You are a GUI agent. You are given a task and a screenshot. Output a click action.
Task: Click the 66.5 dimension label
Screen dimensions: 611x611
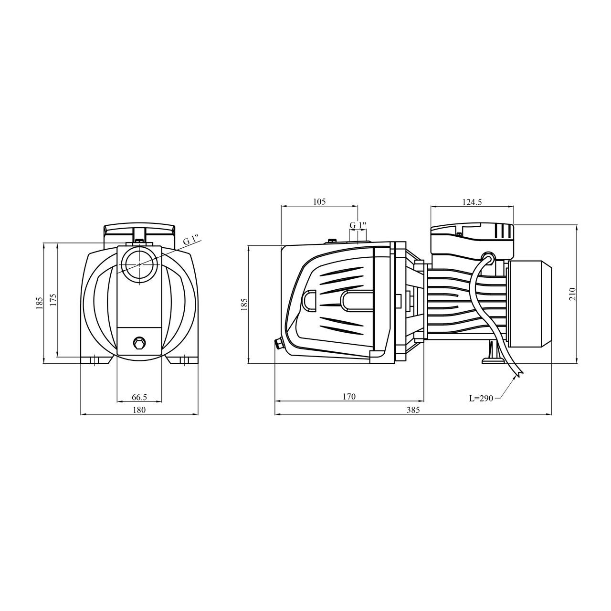(139, 397)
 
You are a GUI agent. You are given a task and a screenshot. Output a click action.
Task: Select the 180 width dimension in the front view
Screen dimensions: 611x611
(139, 410)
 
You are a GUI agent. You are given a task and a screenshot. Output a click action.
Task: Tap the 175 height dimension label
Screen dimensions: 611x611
(53, 300)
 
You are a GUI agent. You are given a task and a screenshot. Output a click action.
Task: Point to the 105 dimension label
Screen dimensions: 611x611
(319, 201)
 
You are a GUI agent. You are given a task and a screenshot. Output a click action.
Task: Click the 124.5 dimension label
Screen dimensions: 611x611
(472, 202)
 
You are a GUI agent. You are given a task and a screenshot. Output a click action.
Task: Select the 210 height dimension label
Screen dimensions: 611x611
(572, 294)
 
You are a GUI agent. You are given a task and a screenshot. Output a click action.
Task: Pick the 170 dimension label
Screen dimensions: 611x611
(349, 397)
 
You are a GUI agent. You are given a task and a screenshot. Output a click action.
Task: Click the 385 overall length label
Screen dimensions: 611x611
(413, 410)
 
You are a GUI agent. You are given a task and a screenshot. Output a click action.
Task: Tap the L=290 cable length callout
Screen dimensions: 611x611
(481, 399)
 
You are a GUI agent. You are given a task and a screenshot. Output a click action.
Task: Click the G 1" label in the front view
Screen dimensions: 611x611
(191, 240)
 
